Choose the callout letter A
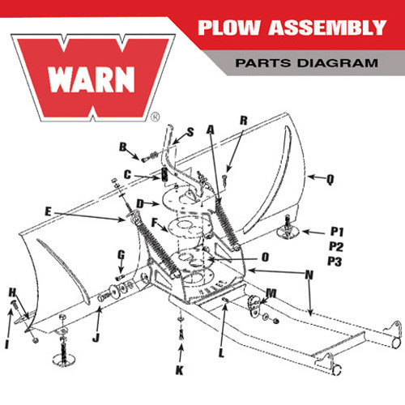tap(211, 129)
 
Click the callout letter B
tap(123, 147)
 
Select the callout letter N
tap(309, 275)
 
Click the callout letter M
tap(271, 292)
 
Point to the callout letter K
tap(180, 371)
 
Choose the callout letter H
tap(12, 292)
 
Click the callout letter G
tap(121, 254)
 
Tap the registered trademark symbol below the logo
tap(155, 117)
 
